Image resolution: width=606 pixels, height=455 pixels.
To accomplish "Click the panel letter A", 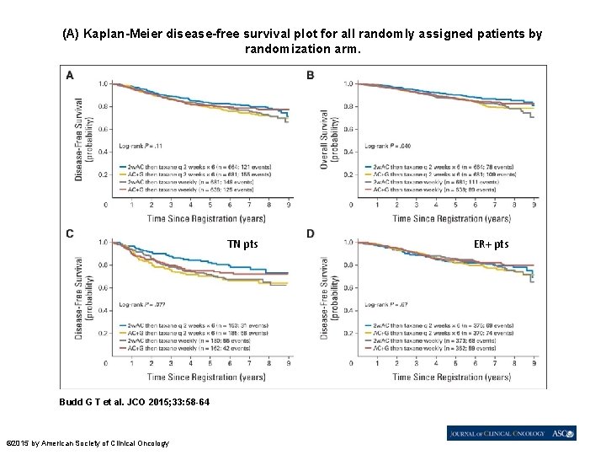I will tap(69, 75).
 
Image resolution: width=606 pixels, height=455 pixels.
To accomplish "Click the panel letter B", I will tap(311, 75).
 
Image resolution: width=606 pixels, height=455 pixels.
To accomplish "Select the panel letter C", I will tap(69, 233).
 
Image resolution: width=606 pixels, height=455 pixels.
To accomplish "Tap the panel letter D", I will tap(311, 233).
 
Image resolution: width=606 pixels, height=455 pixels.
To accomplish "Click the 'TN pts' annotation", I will tap(242, 244).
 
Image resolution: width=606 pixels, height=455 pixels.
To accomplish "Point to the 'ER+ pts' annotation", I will tap(491, 244).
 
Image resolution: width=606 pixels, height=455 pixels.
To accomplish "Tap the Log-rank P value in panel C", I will tap(141, 302).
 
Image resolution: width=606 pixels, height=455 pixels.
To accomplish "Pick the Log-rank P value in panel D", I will tap(383, 302).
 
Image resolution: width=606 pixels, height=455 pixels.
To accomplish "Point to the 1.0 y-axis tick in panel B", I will tap(348, 83).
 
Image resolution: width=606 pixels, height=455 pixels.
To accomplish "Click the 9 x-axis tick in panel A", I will tap(289, 205).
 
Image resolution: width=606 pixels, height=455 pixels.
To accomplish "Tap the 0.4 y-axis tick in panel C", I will tap(104, 310).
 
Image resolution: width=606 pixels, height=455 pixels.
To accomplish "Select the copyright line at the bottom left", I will tap(88, 443).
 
